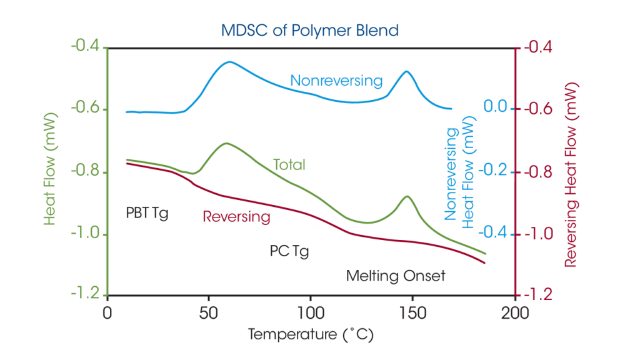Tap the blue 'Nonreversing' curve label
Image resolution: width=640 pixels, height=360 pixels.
click(x=336, y=81)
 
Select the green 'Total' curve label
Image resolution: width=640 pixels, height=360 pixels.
click(x=289, y=165)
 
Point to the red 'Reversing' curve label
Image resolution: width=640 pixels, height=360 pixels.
click(x=236, y=217)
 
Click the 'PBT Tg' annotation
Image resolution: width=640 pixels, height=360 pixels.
click(x=147, y=212)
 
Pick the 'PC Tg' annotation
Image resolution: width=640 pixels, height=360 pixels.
click(x=289, y=251)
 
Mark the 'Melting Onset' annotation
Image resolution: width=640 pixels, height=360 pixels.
click(x=396, y=276)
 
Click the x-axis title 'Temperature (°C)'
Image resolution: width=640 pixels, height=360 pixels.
click(x=311, y=334)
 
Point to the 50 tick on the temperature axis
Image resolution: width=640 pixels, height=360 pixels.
click(x=209, y=311)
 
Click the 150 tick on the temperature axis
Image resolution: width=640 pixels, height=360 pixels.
click(x=412, y=311)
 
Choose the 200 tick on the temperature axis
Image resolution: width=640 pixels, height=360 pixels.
click(x=514, y=311)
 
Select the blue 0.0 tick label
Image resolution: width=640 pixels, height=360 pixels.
click(x=495, y=107)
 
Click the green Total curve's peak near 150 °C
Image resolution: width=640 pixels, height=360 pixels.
click(x=407, y=196)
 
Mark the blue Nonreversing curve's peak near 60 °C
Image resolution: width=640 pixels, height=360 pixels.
click(x=229, y=62)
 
